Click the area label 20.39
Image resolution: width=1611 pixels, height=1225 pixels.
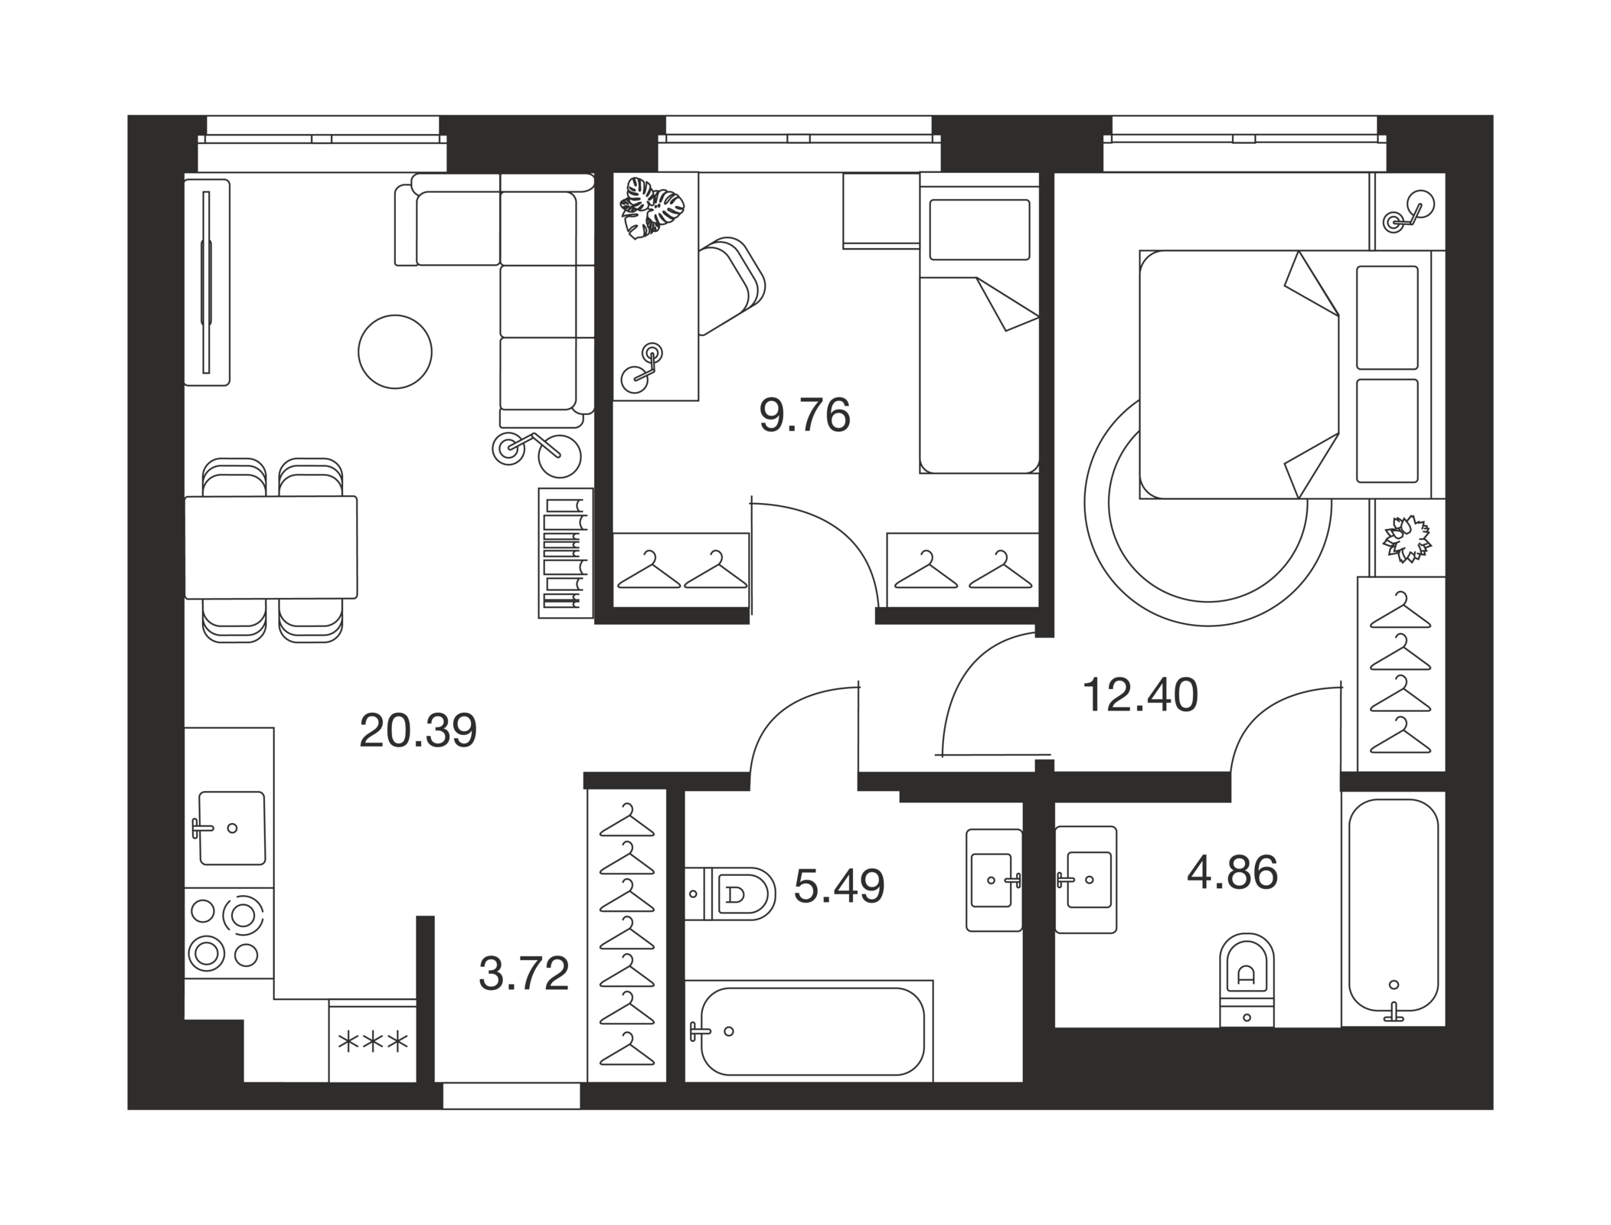[417, 730]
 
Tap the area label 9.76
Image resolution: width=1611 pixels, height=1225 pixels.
[804, 416]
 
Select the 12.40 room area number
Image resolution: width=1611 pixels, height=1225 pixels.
[1139, 695]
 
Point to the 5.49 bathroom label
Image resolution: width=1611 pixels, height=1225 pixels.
[839, 886]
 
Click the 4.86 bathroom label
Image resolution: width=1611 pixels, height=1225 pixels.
[1232, 873]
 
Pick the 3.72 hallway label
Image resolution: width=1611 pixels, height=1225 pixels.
[524, 974]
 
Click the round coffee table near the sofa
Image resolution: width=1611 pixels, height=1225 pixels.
[395, 351]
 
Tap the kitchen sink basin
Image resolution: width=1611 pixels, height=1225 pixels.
[232, 828]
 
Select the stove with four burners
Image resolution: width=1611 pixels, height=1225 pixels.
[229, 933]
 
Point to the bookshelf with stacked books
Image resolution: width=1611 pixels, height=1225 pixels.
[566, 553]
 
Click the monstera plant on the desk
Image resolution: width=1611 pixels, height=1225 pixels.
[651, 206]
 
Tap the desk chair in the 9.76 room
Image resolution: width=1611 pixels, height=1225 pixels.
[731, 287]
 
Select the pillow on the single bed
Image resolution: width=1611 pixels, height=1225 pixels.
[979, 230]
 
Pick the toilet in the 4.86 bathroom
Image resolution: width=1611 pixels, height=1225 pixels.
[1247, 979]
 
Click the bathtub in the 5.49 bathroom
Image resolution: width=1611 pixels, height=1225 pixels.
[809, 1031]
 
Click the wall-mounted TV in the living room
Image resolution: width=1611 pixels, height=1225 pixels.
[207, 283]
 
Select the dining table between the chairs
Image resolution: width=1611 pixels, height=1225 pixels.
[271, 547]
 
